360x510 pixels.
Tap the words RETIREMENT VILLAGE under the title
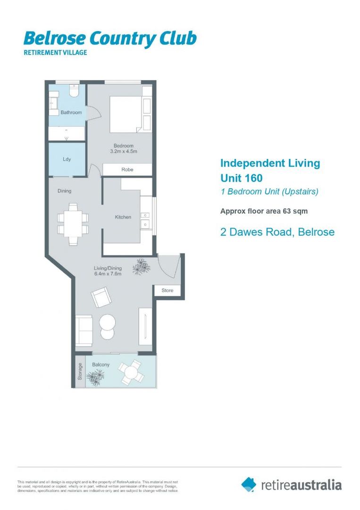click(x=55, y=52)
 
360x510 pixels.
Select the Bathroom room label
click(x=71, y=112)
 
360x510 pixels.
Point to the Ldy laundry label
click(x=67, y=159)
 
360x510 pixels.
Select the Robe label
click(x=127, y=170)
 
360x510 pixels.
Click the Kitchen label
click(x=123, y=217)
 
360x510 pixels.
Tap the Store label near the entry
click(x=167, y=290)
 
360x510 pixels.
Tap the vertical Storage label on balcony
click(x=80, y=372)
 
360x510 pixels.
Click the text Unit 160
click(x=241, y=178)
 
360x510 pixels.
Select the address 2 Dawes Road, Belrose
click(x=277, y=232)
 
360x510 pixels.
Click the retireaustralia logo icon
click(x=249, y=484)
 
